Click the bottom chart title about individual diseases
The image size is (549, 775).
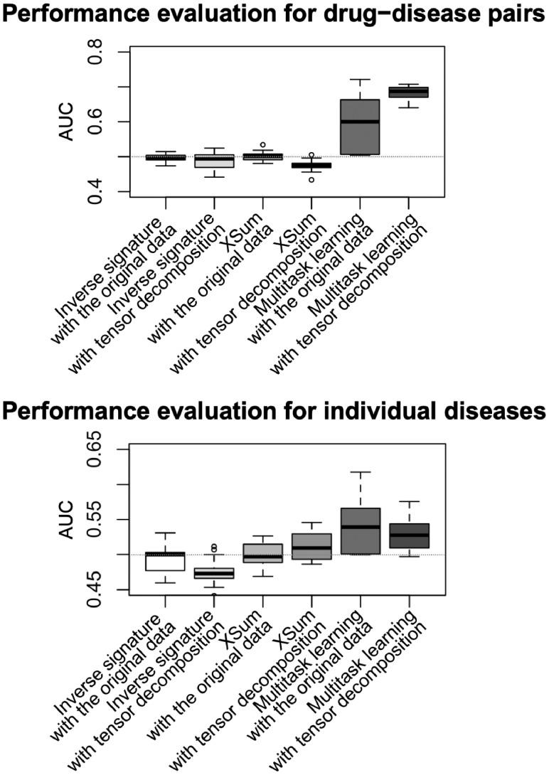coord(274,412)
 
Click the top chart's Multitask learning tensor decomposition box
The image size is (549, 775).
coord(409,92)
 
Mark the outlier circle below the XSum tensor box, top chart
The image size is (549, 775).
coord(312,180)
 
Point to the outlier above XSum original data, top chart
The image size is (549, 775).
coord(263,144)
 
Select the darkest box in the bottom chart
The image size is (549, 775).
coord(409,535)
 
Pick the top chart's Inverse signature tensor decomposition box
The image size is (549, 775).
coord(214,161)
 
